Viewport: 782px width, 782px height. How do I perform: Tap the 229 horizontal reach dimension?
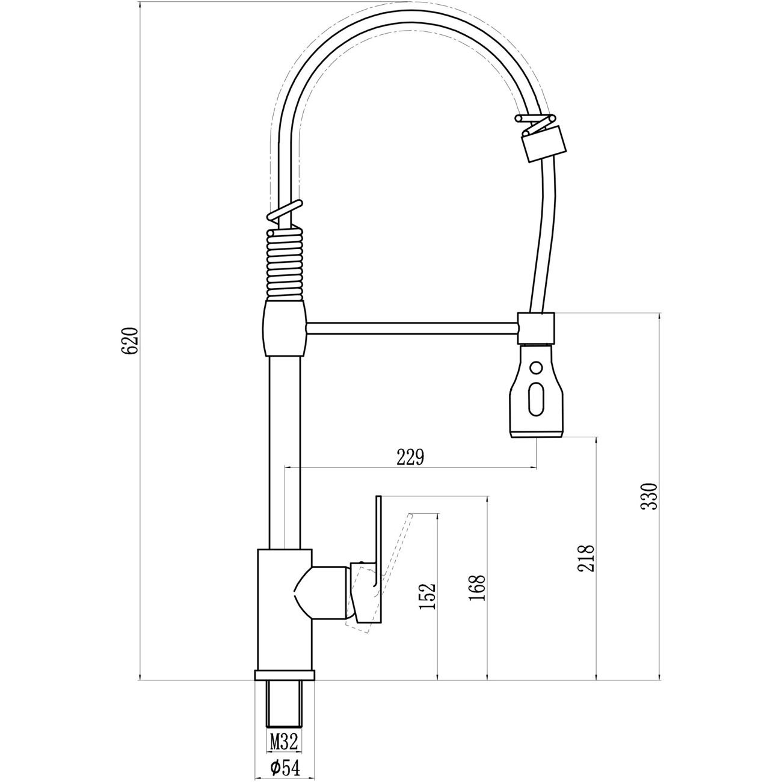point(410,457)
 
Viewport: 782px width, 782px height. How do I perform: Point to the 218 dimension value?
point(586,558)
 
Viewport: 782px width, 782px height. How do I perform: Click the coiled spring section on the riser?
point(285,265)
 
